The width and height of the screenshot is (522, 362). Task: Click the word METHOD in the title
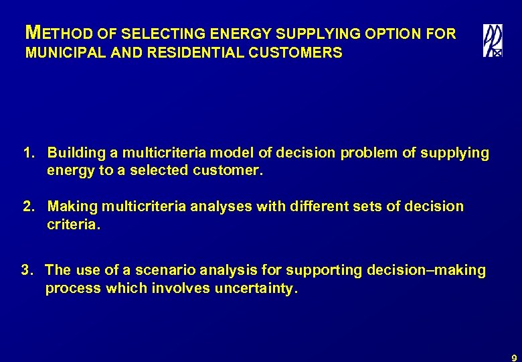pos(48,33)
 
